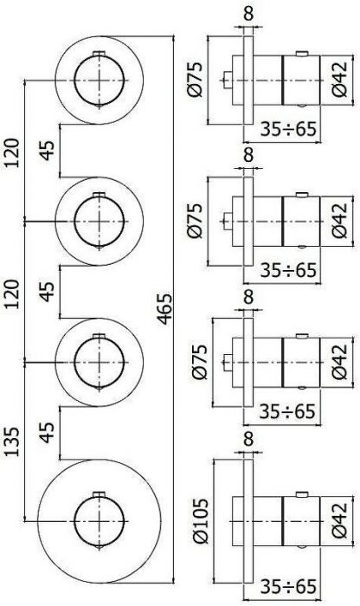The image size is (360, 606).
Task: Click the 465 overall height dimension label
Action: click(x=165, y=309)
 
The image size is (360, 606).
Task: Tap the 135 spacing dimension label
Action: click(x=12, y=442)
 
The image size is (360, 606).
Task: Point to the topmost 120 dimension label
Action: click(x=12, y=152)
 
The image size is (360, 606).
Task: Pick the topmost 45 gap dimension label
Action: click(x=48, y=150)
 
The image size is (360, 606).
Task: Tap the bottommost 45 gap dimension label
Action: click(x=48, y=433)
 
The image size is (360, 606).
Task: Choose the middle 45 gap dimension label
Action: click(x=48, y=292)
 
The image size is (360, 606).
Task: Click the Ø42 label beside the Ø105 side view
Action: click(x=340, y=520)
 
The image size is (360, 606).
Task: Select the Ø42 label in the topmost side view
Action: click(x=340, y=80)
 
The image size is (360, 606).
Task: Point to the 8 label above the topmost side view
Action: click(x=248, y=14)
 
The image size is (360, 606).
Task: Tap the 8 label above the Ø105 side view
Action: click(x=248, y=439)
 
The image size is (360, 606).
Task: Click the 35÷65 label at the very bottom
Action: click(x=288, y=586)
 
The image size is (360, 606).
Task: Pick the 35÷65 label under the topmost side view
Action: click(x=288, y=129)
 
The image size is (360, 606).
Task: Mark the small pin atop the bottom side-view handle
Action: click(x=302, y=494)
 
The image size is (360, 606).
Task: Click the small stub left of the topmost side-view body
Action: click(x=228, y=81)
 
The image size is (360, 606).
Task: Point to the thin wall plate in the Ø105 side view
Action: click(x=248, y=521)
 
